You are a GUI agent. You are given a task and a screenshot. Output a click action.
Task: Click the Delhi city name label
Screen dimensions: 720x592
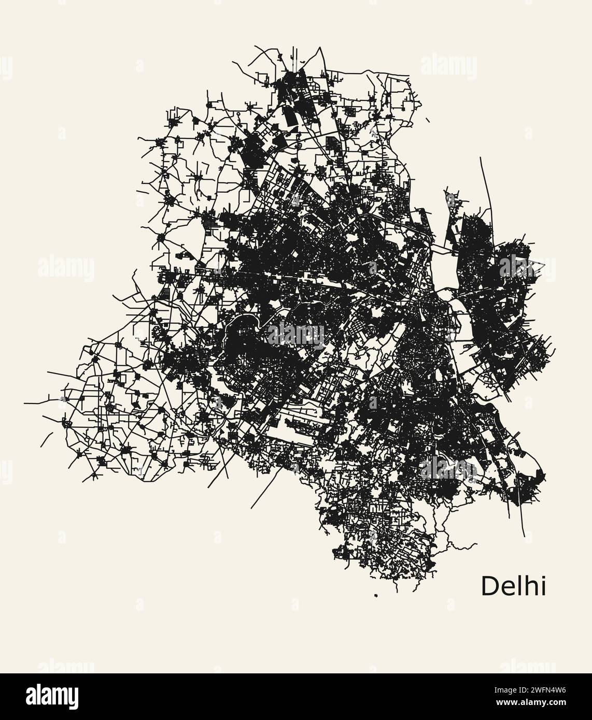tap(513, 586)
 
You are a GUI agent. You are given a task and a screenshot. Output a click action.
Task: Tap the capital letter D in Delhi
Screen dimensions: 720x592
tap(489, 586)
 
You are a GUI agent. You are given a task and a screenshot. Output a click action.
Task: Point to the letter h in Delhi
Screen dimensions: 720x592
tap(528, 586)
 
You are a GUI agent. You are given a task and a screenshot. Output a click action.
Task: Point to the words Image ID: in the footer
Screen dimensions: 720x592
tap(498, 689)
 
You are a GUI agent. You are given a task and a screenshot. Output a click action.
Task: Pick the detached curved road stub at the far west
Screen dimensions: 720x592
tap(46, 439)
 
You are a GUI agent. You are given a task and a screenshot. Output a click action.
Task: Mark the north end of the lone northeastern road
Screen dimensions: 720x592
tap(481, 157)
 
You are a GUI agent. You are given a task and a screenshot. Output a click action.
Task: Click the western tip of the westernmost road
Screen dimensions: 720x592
tap(25, 404)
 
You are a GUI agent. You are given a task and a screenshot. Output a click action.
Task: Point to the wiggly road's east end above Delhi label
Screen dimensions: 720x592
tap(476, 543)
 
